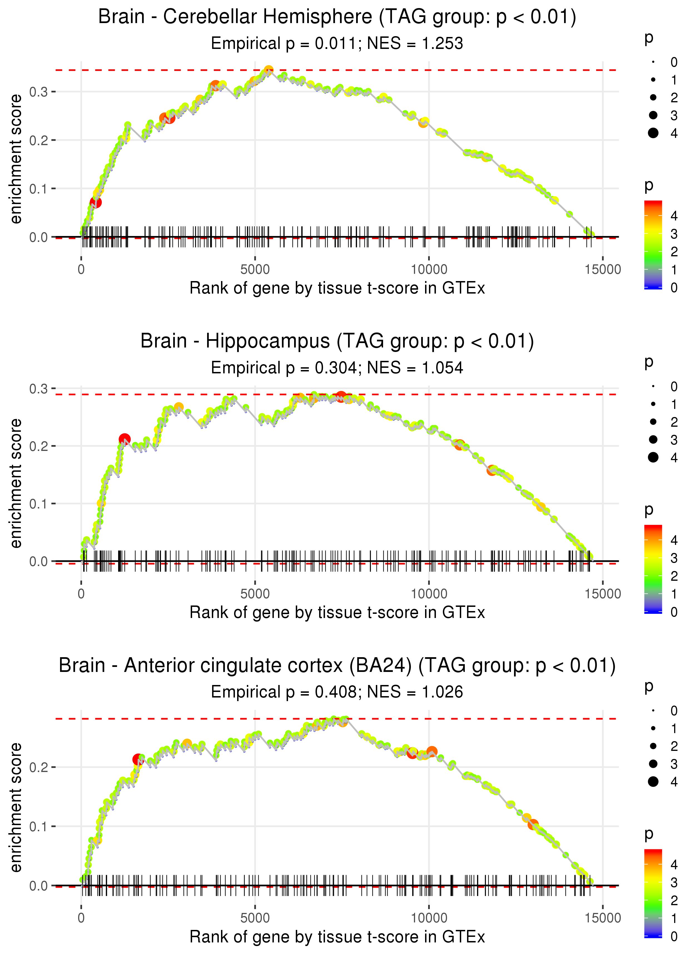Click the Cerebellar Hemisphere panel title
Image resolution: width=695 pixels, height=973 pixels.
(337, 17)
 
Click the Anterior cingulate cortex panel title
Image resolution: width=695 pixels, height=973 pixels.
(337, 666)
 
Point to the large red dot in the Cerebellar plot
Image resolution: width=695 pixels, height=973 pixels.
(96, 202)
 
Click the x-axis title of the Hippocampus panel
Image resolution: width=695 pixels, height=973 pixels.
(337, 613)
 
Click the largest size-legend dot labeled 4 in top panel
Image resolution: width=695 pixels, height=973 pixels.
(653, 133)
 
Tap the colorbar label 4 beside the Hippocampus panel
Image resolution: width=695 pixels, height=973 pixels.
(674, 540)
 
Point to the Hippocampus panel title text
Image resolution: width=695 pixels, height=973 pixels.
(337, 341)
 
